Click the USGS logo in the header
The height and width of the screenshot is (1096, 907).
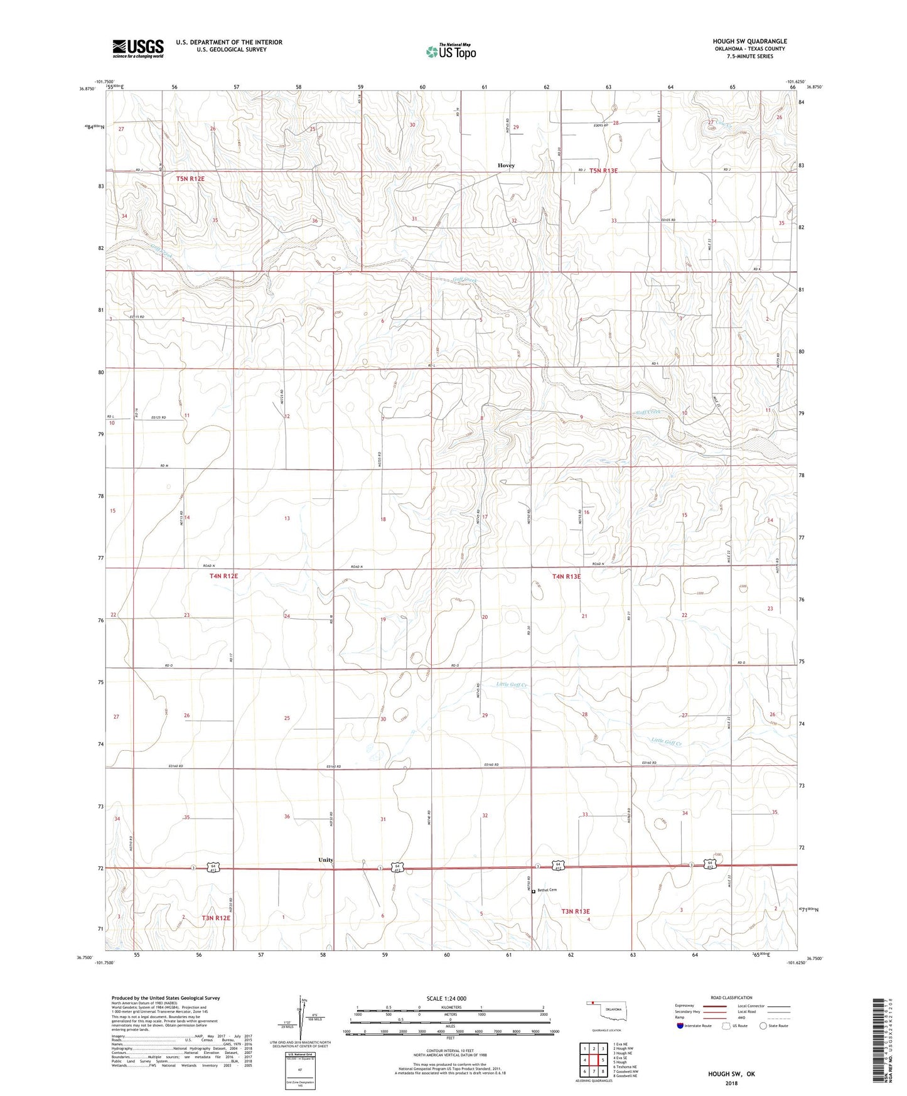tap(138, 48)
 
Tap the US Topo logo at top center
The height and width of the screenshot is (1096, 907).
tap(450, 51)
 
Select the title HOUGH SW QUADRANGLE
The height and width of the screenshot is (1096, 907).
tap(749, 41)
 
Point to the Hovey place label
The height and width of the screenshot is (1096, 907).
tap(506, 166)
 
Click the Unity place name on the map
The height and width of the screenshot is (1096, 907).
tap(326, 860)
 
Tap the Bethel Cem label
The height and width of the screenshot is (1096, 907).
tap(547, 890)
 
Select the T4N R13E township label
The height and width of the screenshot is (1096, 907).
tap(566, 576)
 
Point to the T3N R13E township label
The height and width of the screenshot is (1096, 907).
tap(576, 911)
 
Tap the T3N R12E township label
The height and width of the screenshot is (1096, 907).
tap(216, 918)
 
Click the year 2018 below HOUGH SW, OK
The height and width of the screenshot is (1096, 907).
tap(732, 1083)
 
